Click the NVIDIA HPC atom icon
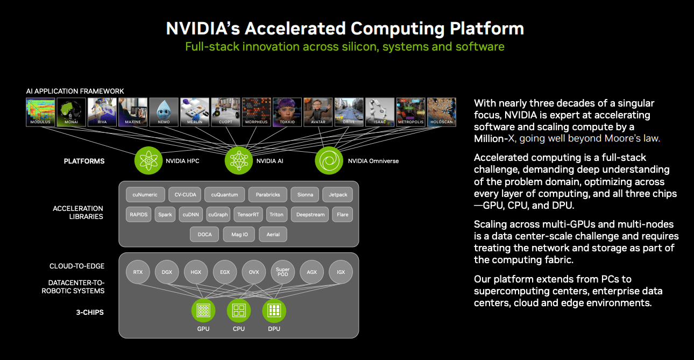click(x=148, y=160)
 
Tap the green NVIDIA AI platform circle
click(x=238, y=160)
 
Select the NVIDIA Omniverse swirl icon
click(x=329, y=160)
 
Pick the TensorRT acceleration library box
click(x=249, y=215)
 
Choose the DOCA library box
click(x=204, y=235)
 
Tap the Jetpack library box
click(x=338, y=195)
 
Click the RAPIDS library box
click(x=138, y=215)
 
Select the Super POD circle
click(x=282, y=272)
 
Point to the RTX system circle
click(x=138, y=272)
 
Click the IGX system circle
click(x=341, y=272)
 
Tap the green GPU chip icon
click(x=203, y=310)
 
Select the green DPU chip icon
click(x=274, y=310)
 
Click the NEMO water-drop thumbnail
click(x=164, y=111)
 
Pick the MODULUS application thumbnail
click(x=40, y=111)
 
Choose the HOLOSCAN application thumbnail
click(x=441, y=111)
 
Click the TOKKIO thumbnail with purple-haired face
click(x=287, y=111)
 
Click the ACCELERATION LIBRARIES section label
click(x=78, y=212)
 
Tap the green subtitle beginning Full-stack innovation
click(x=344, y=46)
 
